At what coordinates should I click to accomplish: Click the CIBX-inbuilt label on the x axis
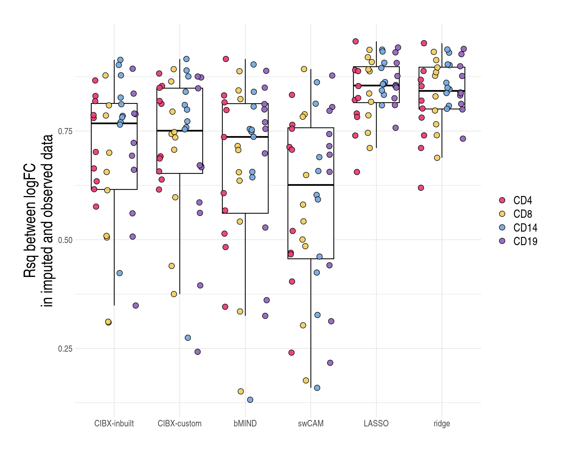point(114,423)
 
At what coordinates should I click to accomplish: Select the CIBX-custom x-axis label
point(180,423)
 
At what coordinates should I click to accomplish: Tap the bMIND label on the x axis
point(245,423)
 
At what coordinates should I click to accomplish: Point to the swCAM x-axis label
point(311,423)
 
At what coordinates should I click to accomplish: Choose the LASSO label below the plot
point(376,423)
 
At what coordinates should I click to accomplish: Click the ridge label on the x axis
point(442,423)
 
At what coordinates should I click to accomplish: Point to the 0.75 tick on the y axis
point(65,131)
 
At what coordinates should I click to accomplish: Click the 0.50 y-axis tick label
point(65,240)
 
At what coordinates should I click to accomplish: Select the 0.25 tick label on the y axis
point(65,349)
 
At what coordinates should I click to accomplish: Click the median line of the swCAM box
point(311,185)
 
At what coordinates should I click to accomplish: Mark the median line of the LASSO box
point(376,85)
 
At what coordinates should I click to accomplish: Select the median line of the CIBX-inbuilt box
point(114,123)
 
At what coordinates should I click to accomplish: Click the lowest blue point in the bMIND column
point(250,400)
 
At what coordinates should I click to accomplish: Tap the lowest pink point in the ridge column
point(421,188)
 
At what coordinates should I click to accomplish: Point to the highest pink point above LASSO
point(356,41)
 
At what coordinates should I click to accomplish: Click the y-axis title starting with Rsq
point(38,221)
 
